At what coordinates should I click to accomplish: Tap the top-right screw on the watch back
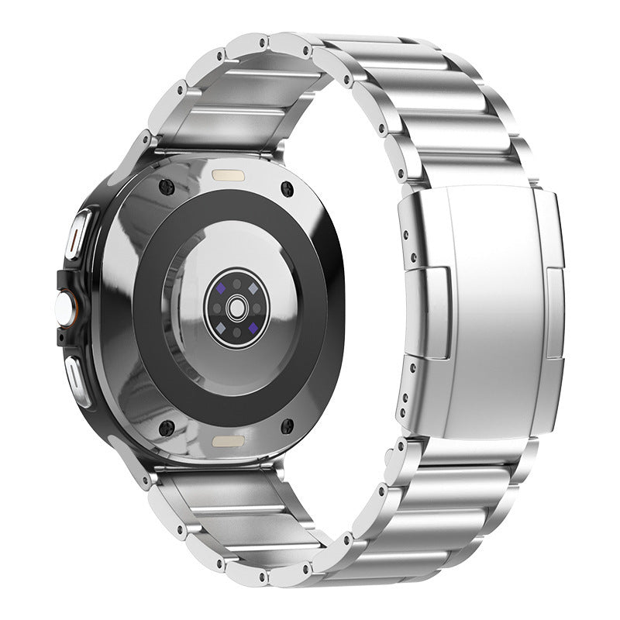(288, 187)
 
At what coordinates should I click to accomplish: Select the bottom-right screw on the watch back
(288, 425)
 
